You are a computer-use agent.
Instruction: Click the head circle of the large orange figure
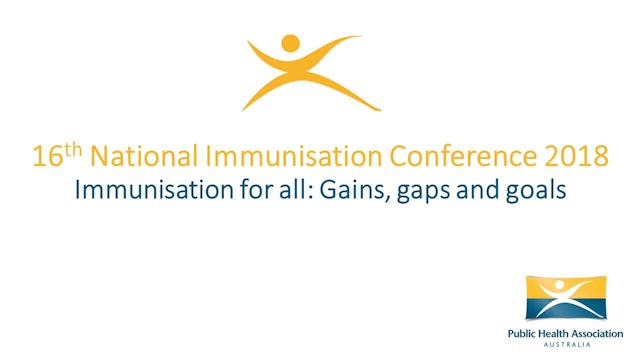pos(291,43)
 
